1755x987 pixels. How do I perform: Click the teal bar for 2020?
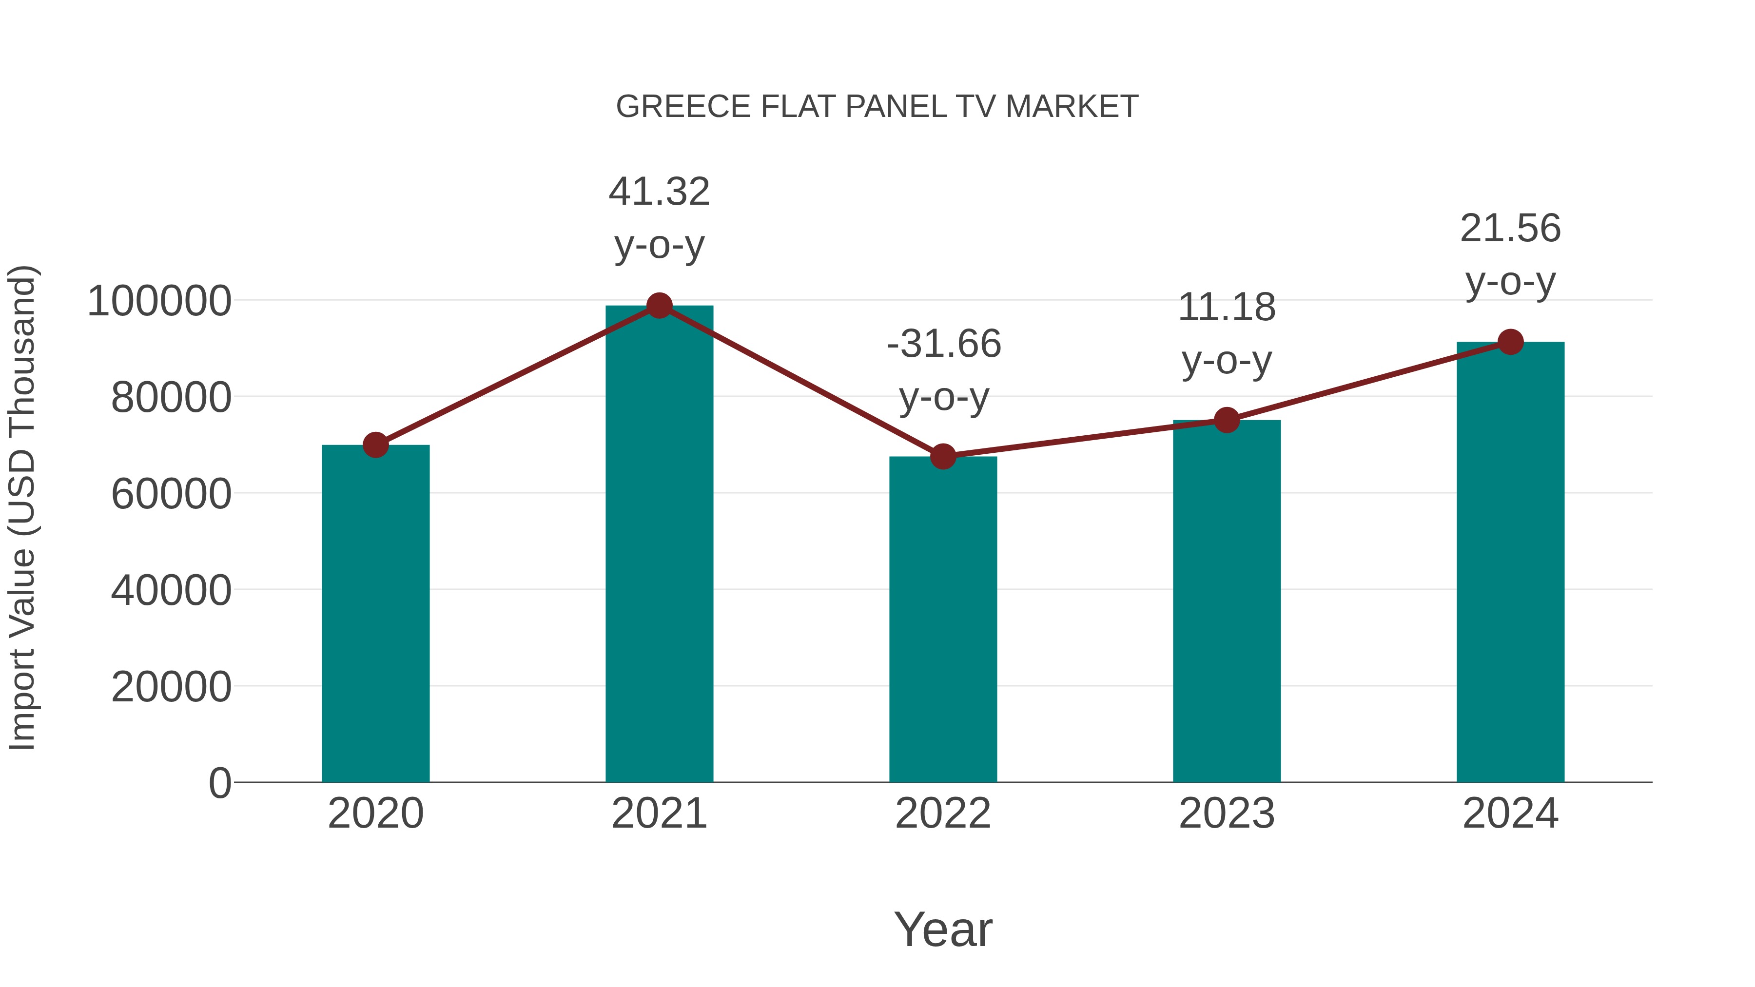(x=375, y=613)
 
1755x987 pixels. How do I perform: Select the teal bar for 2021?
(x=659, y=545)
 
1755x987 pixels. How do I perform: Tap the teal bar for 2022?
(x=943, y=620)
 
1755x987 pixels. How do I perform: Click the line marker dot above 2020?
(x=375, y=445)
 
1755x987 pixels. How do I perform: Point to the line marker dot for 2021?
(x=659, y=306)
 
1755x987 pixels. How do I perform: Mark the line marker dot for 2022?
(x=943, y=456)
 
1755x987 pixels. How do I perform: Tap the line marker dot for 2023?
(x=1227, y=420)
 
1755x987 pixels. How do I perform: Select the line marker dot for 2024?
(x=1510, y=342)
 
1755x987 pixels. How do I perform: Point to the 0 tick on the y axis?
(x=219, y=783)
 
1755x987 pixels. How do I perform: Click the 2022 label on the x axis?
(x=943, y=813)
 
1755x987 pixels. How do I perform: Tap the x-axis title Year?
(x=943, y=929)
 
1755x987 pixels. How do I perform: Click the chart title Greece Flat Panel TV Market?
(x=877, y=107)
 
